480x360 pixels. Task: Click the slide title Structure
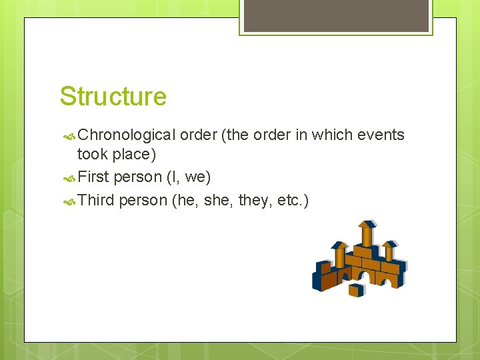click(113, 96)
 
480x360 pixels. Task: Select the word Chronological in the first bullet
click(126, 135)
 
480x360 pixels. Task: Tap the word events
click(381, 135)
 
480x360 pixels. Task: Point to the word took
click(92, 155)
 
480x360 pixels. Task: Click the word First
click(93, 177)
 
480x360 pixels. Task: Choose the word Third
click(96, 200)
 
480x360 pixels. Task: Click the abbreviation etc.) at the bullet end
click(293, 200)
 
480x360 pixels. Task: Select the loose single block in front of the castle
click(357, 289)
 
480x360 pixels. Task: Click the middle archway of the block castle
click(365, 277)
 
